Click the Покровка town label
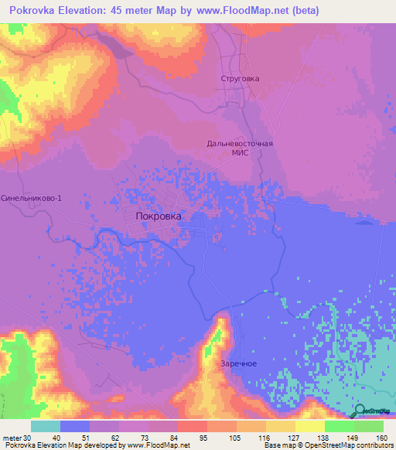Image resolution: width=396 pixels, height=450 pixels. click(159, 217)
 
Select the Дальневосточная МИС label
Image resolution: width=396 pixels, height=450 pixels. click(240, 148)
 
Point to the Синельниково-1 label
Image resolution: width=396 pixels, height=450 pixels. click(30, 198)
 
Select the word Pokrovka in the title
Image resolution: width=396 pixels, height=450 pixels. click(35, 11)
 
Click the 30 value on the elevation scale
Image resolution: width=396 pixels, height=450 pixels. click(28, 437)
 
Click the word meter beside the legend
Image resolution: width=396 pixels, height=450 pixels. click(12, 437)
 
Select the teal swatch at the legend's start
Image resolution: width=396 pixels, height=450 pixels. click(46, 426)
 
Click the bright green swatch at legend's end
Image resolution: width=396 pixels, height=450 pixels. click(369, 426)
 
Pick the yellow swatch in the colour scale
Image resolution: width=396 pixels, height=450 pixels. click(281, 426)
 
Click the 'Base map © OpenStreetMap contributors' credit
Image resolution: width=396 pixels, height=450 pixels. click(328, 445)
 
